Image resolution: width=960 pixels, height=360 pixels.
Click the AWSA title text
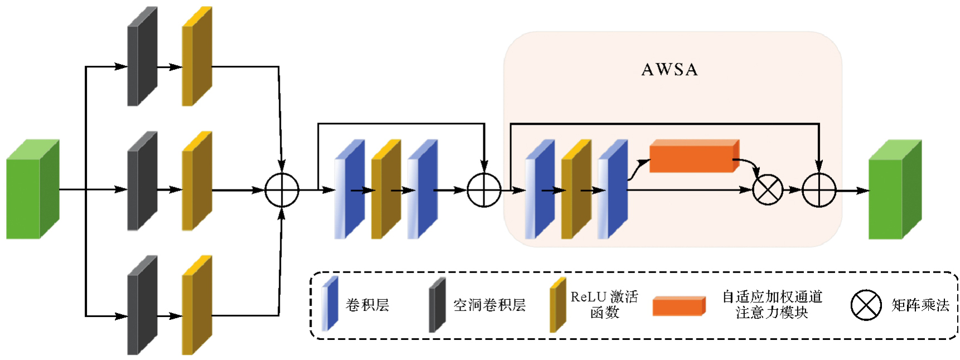click(x=670, y=70)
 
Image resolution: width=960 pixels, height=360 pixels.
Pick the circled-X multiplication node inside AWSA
click(x=768, y=190)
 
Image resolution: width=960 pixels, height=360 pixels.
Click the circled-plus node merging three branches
click(x=282, y=190)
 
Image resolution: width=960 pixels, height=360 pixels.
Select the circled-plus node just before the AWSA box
click(x=484, y=190)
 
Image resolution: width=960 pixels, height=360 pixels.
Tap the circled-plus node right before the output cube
click(x=819, y=190)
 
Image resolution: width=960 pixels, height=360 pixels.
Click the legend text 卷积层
click(x=367, y=305)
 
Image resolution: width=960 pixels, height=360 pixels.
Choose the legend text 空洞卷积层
click(x=489, y=305)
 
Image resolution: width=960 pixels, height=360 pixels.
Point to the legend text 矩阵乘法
click(x=920, y=305)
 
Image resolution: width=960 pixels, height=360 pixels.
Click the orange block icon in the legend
click(x=679, y=306)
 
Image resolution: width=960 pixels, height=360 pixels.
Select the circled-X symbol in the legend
click(x=866, y=305)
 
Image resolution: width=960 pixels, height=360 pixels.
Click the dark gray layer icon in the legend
click(x=437, y=305)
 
